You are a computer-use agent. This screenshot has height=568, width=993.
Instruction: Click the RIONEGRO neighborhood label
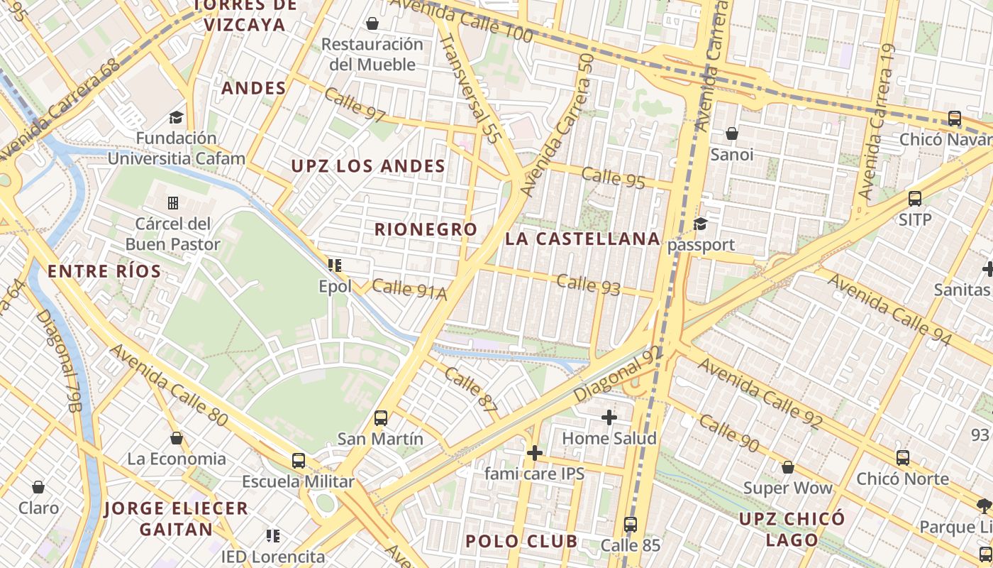point(426,229)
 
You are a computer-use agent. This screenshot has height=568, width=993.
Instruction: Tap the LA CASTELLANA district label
point(582,239)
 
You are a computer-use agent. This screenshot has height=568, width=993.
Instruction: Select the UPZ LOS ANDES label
point(368,166)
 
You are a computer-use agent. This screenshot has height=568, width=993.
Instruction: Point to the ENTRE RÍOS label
point(104,271)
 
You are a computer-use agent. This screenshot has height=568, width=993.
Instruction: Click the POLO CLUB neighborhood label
point(521,541)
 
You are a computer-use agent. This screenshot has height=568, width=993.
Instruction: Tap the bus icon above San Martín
point(381,417)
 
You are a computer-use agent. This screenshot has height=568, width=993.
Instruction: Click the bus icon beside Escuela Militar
point(299,460)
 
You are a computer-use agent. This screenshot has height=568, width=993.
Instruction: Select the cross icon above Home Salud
point(609,417)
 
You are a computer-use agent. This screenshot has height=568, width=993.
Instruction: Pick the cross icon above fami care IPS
point(535,452)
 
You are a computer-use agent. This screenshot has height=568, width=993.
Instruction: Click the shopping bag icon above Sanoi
point(732,133)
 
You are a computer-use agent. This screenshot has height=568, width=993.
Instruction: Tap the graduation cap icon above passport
point(701,224)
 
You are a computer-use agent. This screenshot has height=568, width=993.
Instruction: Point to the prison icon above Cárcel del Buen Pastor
point(173,203)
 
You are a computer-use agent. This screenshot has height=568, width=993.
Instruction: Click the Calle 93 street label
point(588,284)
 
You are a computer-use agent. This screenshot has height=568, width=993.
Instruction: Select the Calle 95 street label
point(613,177)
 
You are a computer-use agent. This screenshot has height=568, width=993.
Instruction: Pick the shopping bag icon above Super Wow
point(787,467)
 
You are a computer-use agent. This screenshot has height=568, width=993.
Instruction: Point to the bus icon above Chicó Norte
point(902,458)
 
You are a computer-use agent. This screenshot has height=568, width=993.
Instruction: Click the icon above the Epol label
point(335,266)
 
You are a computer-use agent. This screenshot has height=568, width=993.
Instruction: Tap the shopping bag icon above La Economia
point(177,438)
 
